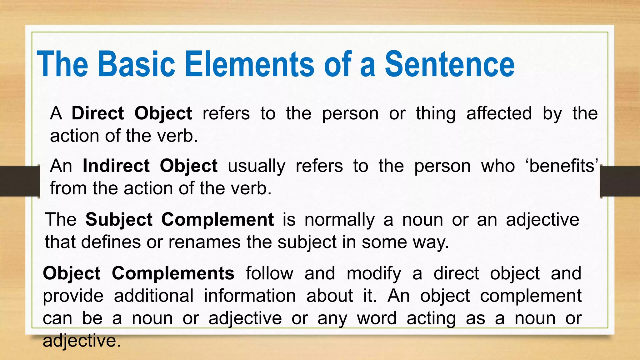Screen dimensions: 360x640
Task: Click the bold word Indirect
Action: (116, 166)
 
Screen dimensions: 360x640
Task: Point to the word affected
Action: (499, 113)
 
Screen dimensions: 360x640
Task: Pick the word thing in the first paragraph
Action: (436, 113)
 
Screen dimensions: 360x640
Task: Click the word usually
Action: (256, 166)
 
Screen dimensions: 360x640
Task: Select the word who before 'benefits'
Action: (498, 166)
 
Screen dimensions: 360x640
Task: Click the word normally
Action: (339, 219)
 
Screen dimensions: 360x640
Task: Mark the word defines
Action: (111, 242)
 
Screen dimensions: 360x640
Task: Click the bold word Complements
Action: (173, 273)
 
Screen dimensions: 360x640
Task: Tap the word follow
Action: (269, 273)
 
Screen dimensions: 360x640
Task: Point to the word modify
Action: (374, 273)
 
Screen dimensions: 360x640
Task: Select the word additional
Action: (153, 296)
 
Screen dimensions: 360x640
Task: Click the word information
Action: (250, 296)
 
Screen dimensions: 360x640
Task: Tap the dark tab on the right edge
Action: (620, 181)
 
